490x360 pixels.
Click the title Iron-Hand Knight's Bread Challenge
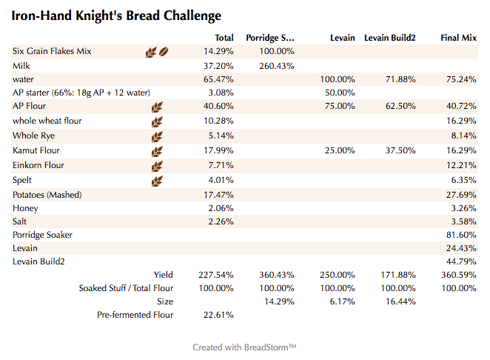point(116,15)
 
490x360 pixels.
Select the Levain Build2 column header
point(390,38)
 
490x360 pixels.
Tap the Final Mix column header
point(458,38)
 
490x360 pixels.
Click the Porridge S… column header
point(270,38)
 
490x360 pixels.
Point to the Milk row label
point(21,65)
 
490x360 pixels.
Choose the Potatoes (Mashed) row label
point(47,195)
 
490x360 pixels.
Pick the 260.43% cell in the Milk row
point(278,65)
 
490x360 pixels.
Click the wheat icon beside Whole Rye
point(156,136)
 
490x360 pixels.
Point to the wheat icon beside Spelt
point(156,181)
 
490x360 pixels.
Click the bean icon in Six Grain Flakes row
point(164,52)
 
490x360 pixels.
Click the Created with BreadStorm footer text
point(244,347)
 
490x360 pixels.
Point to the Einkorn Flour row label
point(38,165)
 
